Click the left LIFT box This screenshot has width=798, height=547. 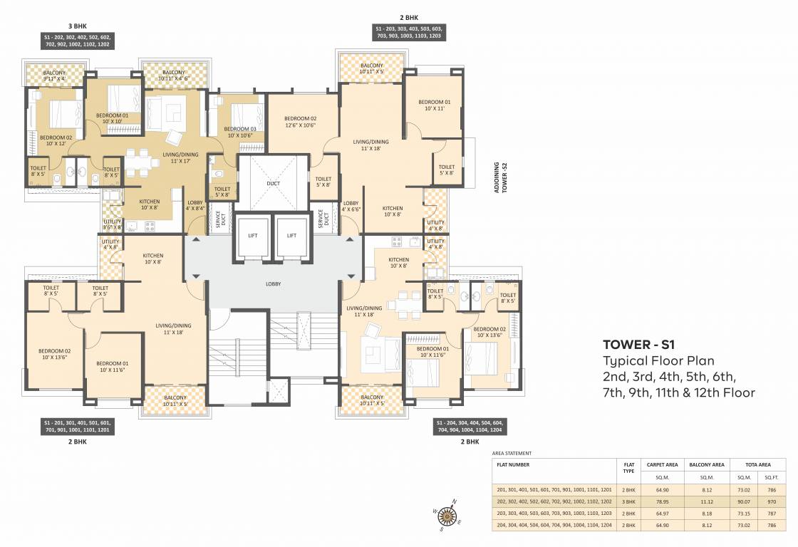252,236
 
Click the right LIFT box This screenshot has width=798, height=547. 291,236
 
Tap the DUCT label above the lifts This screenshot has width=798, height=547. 274,183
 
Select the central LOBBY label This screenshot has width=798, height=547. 273,283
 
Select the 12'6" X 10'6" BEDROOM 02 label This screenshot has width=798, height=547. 300,123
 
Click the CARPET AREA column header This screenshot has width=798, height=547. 658,464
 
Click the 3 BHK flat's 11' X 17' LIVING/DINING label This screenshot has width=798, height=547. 180,157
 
